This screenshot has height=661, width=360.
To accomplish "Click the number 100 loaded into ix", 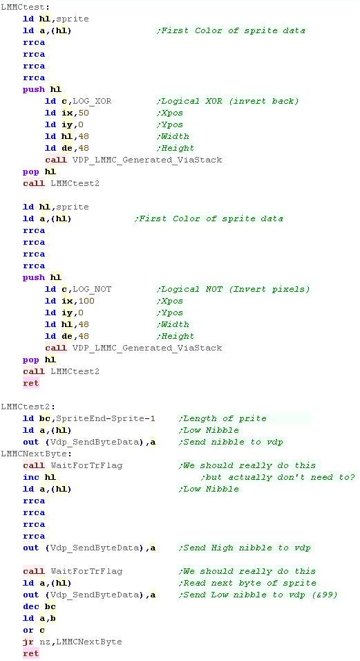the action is [87, 301].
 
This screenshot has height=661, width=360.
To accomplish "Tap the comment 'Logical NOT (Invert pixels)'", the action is [234, 290].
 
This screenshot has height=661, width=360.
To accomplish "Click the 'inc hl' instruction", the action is [39, 478].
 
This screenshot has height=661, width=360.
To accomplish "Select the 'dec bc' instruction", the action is [39, 606].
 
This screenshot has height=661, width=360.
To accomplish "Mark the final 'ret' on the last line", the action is [31, 654].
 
